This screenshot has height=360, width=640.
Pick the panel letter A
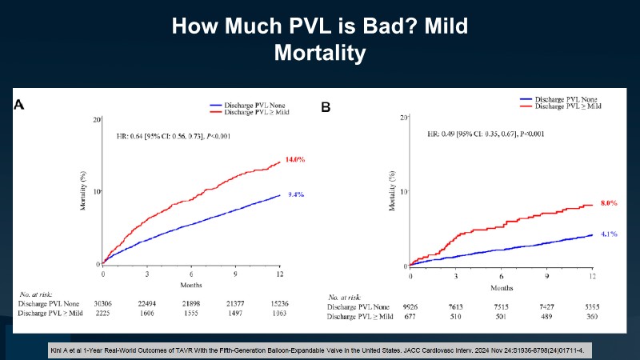18,105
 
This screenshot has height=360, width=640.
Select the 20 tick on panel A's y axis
97,119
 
